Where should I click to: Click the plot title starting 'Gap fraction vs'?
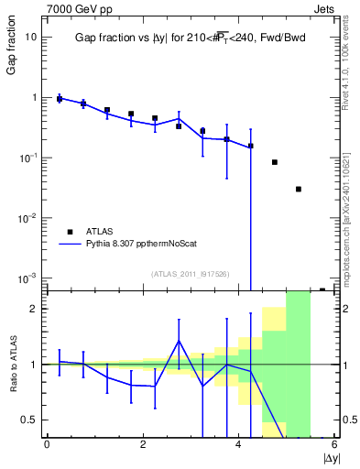(x=190, y=38)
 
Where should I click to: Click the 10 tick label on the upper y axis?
(x=31, y=37)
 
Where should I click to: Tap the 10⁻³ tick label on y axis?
(x=27, y=278)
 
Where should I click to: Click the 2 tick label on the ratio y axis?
(x=34, y=309)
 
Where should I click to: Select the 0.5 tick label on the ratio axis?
(x=29, y=420)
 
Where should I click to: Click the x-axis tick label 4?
(x=238, y=444)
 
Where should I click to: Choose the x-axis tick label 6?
(x=334, y=444)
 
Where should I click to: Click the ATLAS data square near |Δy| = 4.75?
(x=275, y=162)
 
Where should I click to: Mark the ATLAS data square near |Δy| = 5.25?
(x=299, y=189)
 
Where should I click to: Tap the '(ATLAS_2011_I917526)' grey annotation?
(x=191, y=273)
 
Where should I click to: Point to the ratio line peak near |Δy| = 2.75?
(x=179, y=341)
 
